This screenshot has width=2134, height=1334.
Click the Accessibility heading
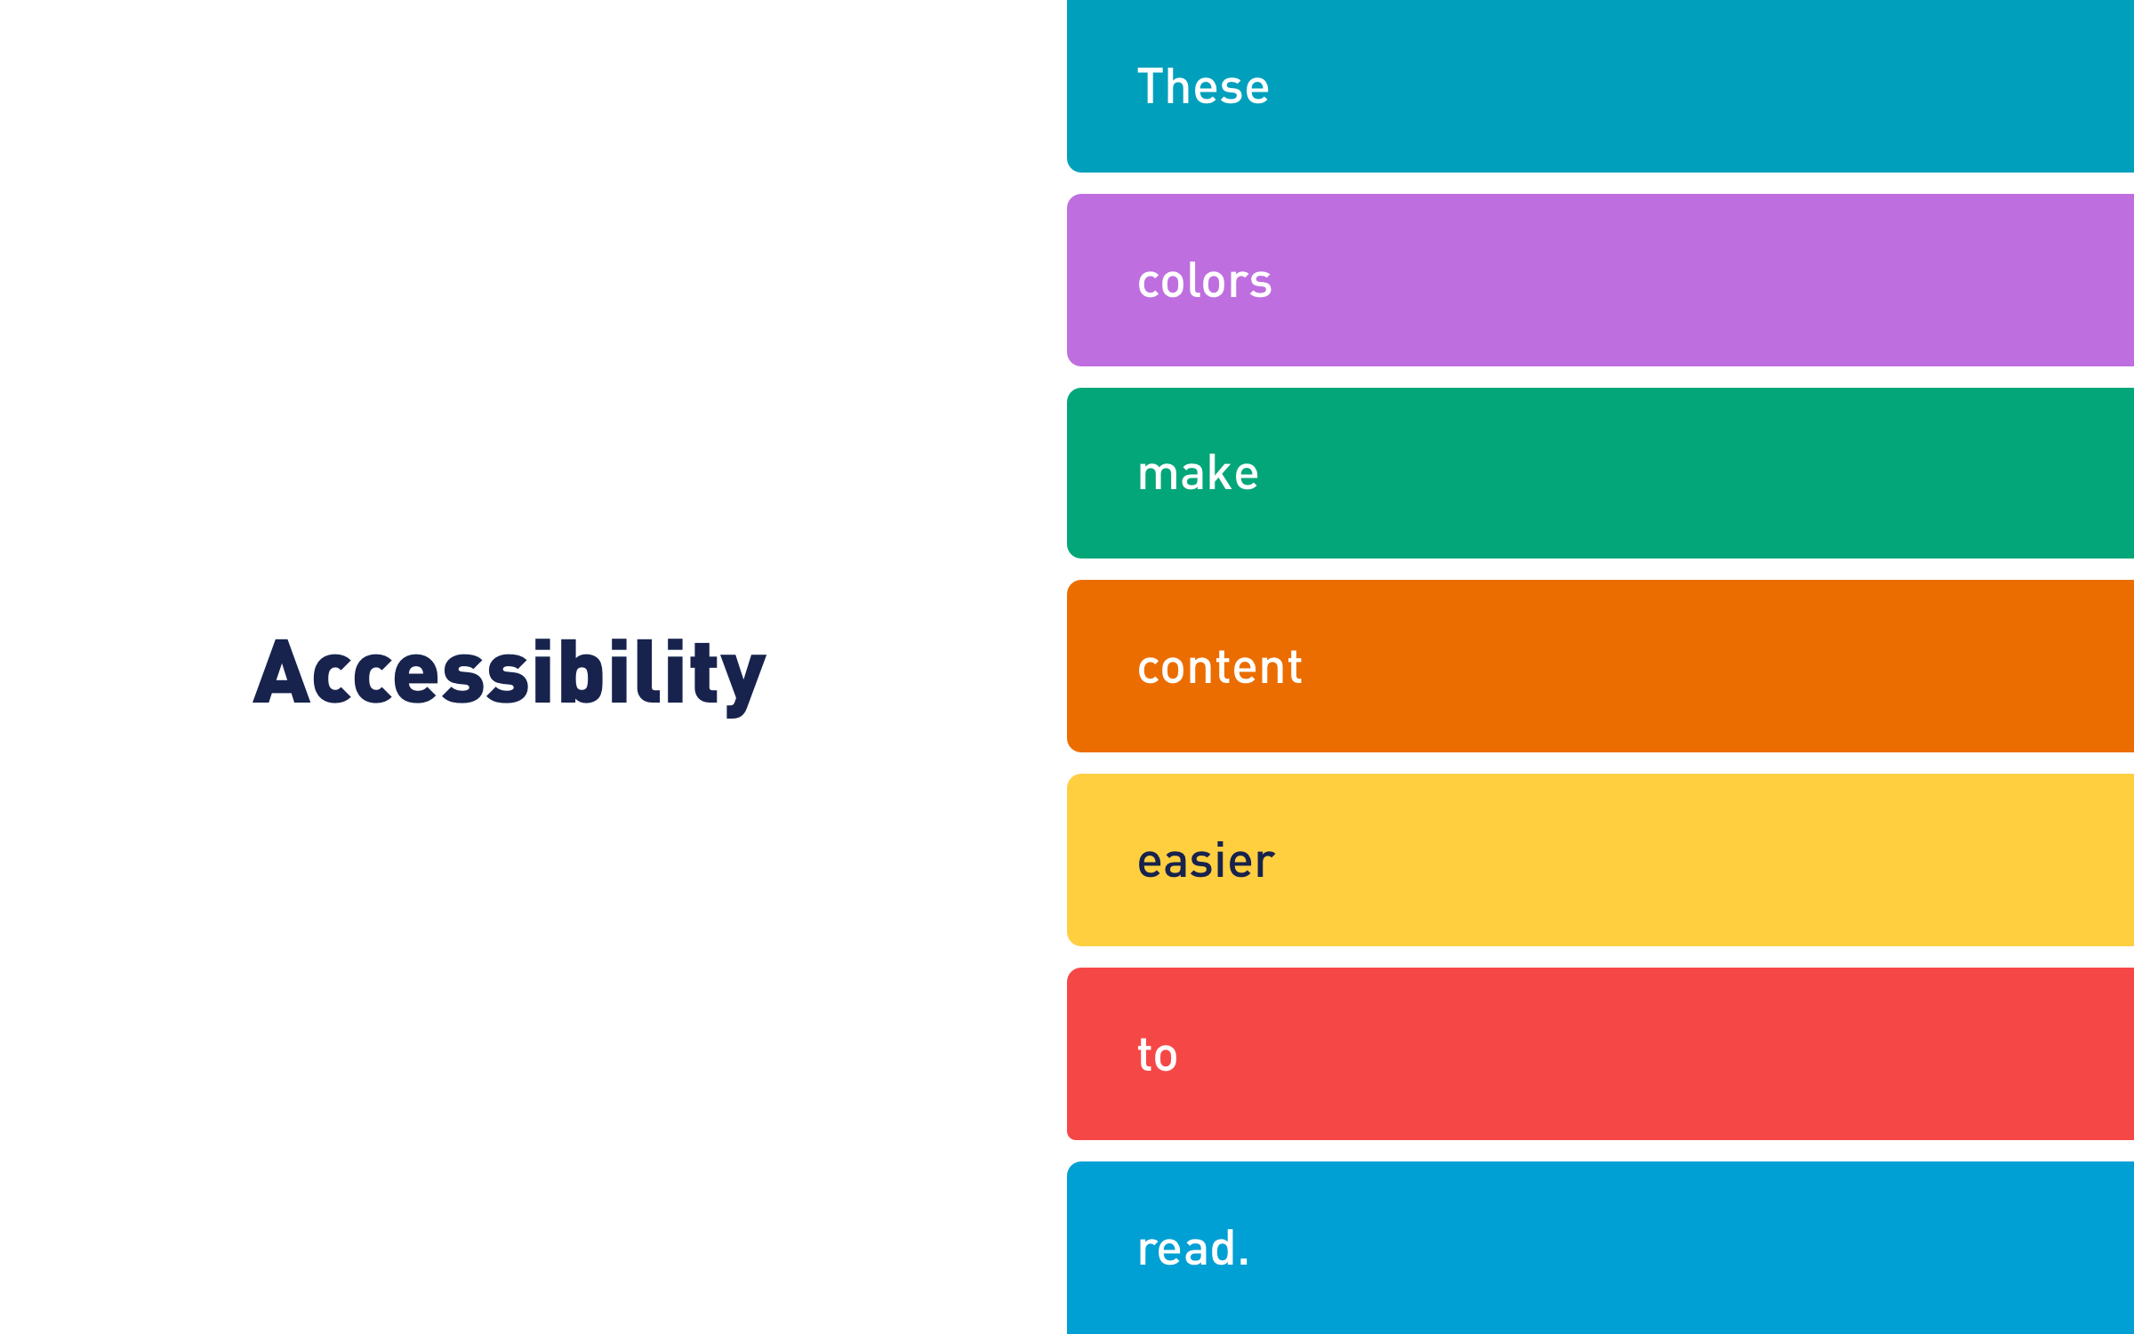coord(509,675)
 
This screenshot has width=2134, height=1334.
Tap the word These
coord(1203,86)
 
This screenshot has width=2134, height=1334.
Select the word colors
coord(1205,281)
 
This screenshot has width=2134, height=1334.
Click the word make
coord(1198,472)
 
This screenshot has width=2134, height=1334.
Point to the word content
coord(1220,667)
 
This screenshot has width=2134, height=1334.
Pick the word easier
coord(1206,861)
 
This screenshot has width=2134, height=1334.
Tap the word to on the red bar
coord(1157,1055)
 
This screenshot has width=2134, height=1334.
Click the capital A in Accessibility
coord(282,671)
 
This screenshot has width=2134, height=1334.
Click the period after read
coord(1244,1261)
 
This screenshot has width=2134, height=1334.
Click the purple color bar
coord(1600,280)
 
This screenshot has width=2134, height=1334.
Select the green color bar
coord(1600,473)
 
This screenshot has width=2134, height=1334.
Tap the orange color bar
coord(1600,666)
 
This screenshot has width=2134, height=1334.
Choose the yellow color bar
coord(1600,860)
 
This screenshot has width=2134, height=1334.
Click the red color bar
coord(1600,1054)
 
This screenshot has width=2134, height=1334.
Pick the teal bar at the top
coord(1600,86)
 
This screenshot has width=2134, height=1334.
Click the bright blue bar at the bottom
coord(1600,1248)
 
